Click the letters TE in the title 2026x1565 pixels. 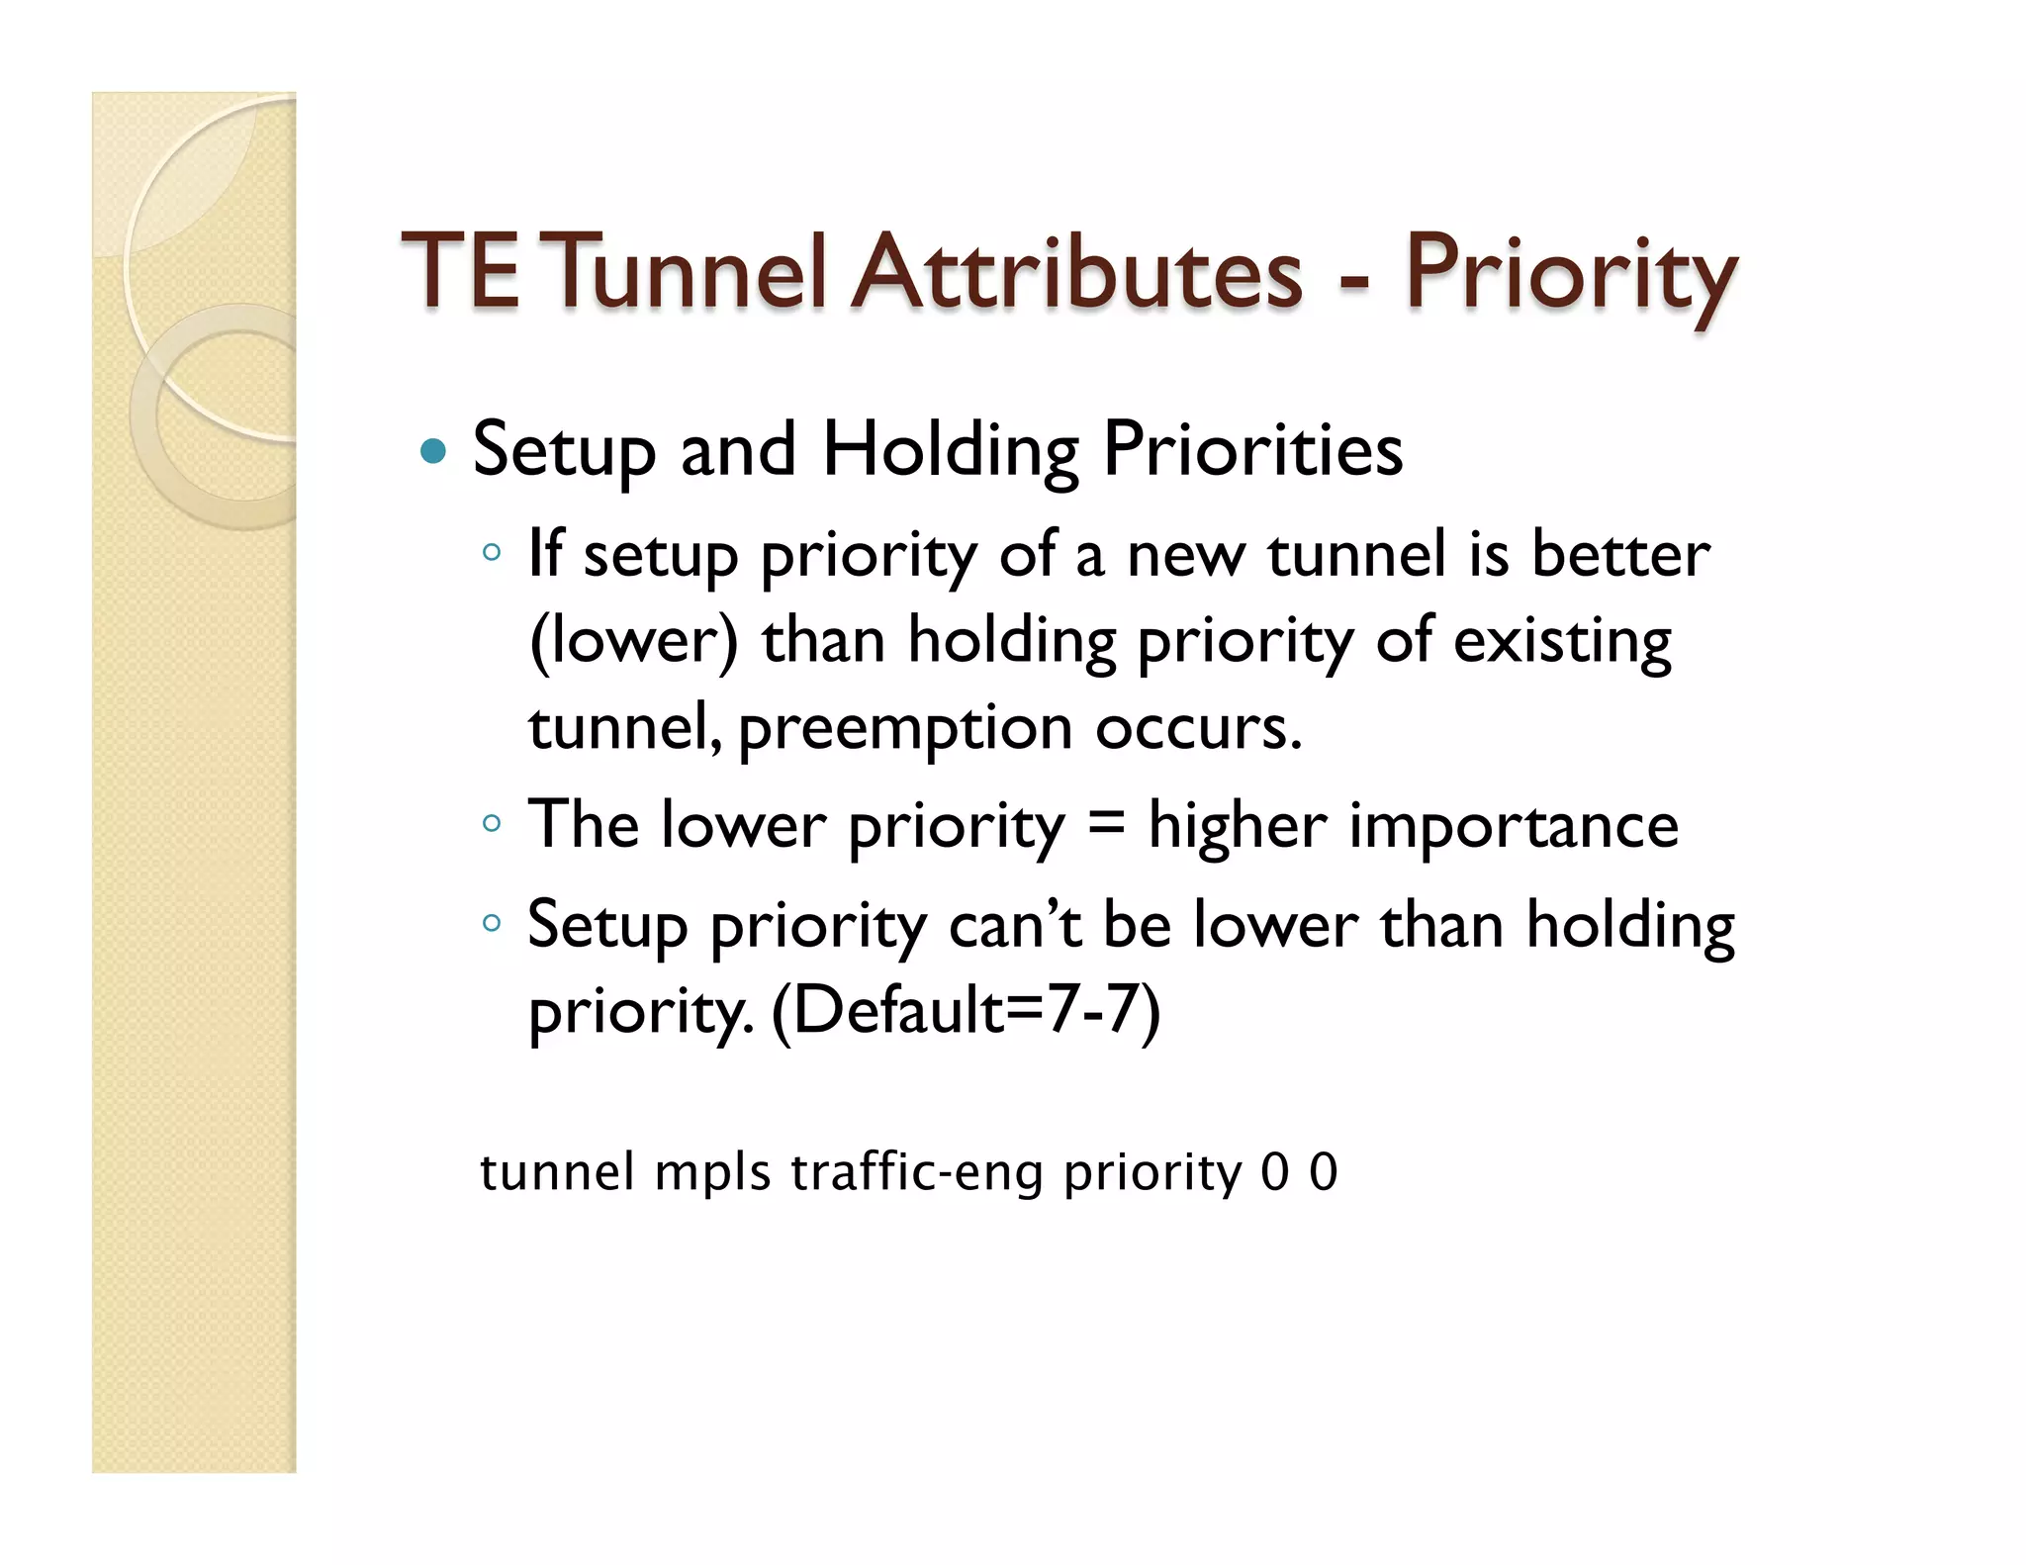[460, 272]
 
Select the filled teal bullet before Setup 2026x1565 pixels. [432, 452]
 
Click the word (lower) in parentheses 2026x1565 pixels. [633, 641]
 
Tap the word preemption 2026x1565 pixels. [905, 728]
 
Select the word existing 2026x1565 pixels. [1562, 641]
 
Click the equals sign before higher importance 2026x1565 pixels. [1106, 824]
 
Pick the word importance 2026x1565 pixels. [1514, 825]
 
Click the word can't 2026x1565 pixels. [1014, 926]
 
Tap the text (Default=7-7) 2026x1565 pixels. [966, 1011]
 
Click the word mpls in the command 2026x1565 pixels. [712, 1173]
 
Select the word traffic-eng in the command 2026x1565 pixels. [917, 1173]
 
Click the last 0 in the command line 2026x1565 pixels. [1324, 1172]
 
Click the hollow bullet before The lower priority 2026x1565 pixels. [492, 823]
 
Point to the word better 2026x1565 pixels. [1620, 554]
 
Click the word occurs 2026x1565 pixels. [1198, 728]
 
